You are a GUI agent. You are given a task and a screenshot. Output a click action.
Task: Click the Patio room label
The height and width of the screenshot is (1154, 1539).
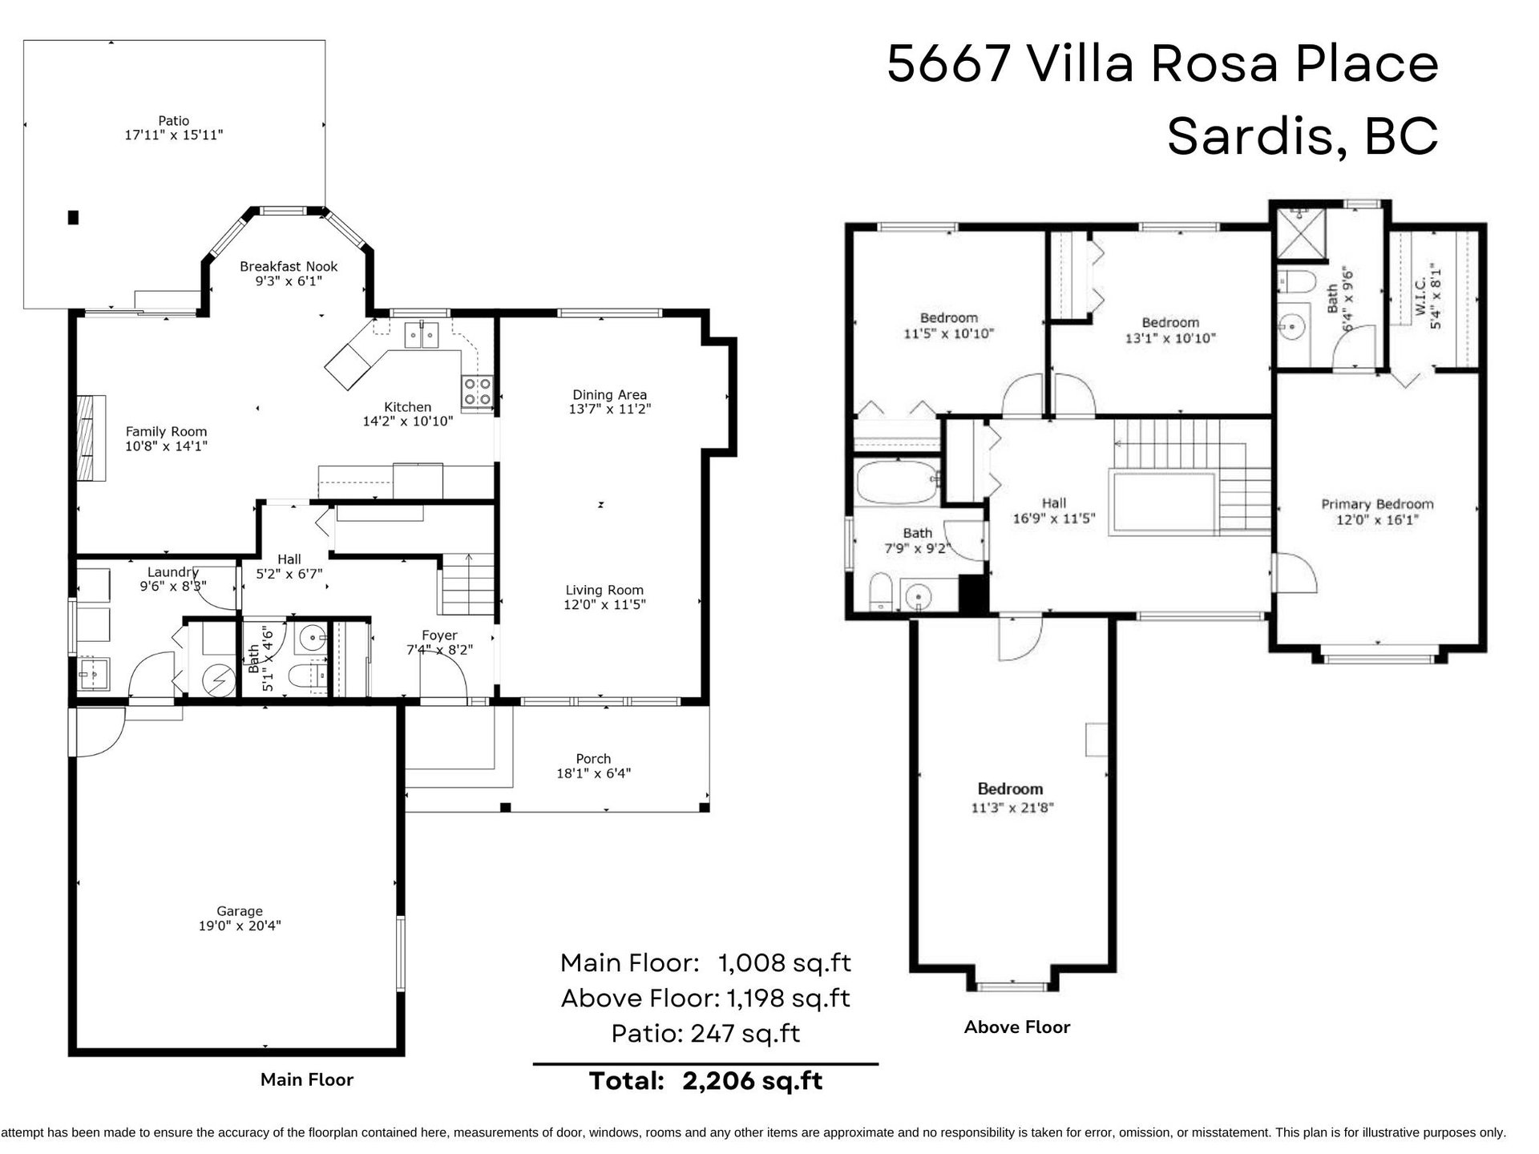coord(173,121)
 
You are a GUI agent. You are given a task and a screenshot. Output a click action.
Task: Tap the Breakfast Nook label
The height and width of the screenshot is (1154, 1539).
coord(289,266)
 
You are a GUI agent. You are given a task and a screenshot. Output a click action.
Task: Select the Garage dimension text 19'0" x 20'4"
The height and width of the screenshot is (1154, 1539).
coord(240,926)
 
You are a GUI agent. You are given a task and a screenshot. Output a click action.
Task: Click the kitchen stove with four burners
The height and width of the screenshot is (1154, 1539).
coord(477,391)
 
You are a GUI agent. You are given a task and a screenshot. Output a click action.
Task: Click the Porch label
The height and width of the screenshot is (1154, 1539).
coord(593,758)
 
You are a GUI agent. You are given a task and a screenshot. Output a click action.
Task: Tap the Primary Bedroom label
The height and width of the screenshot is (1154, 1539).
coord(1377,504)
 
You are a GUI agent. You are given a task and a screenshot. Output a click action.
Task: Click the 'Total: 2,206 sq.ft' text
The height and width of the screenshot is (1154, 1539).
coord(705,1081)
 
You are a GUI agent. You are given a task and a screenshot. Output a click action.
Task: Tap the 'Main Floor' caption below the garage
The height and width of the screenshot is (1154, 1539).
coord(307,1079)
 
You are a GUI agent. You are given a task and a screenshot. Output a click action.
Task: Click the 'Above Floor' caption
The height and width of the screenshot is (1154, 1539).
coord(1017,1027)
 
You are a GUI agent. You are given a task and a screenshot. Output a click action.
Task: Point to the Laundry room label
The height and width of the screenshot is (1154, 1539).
coord(173,571)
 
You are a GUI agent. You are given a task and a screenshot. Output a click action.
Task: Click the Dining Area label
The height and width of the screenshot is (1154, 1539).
coord(609,394)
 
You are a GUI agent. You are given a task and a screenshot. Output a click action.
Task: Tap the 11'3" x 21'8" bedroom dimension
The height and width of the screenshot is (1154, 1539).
coord(1012,808)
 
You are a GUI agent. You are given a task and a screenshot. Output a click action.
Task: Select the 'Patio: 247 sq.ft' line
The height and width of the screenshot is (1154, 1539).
coord(705,1033)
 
